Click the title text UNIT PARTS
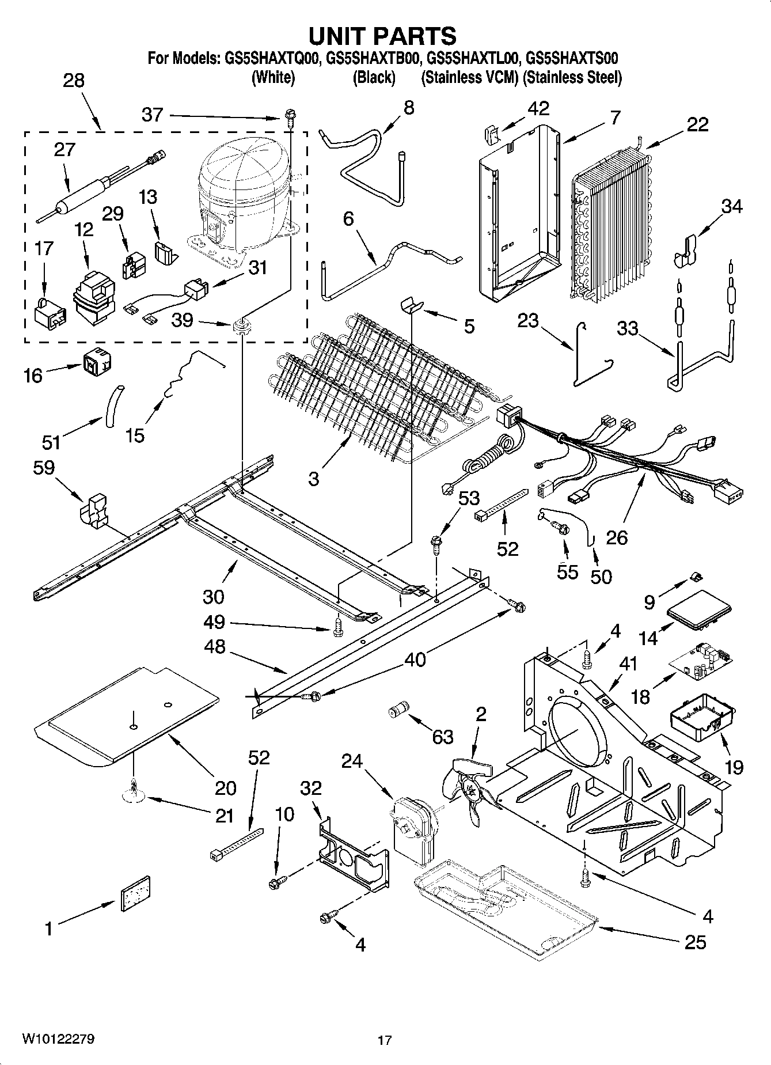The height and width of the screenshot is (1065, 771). coord(382,36)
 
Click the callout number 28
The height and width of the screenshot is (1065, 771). coord(74,81)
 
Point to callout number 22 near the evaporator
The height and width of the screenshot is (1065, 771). coord(697,124)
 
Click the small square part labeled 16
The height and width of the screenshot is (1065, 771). coord(97,360)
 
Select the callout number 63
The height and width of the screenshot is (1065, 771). coord(442,737)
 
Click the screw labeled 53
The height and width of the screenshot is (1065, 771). coord(436,543)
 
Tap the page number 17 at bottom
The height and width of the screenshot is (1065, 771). coord(385,1040)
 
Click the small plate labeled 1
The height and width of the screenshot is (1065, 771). coord(135,893)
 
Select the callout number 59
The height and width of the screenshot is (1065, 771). coord(44,468)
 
